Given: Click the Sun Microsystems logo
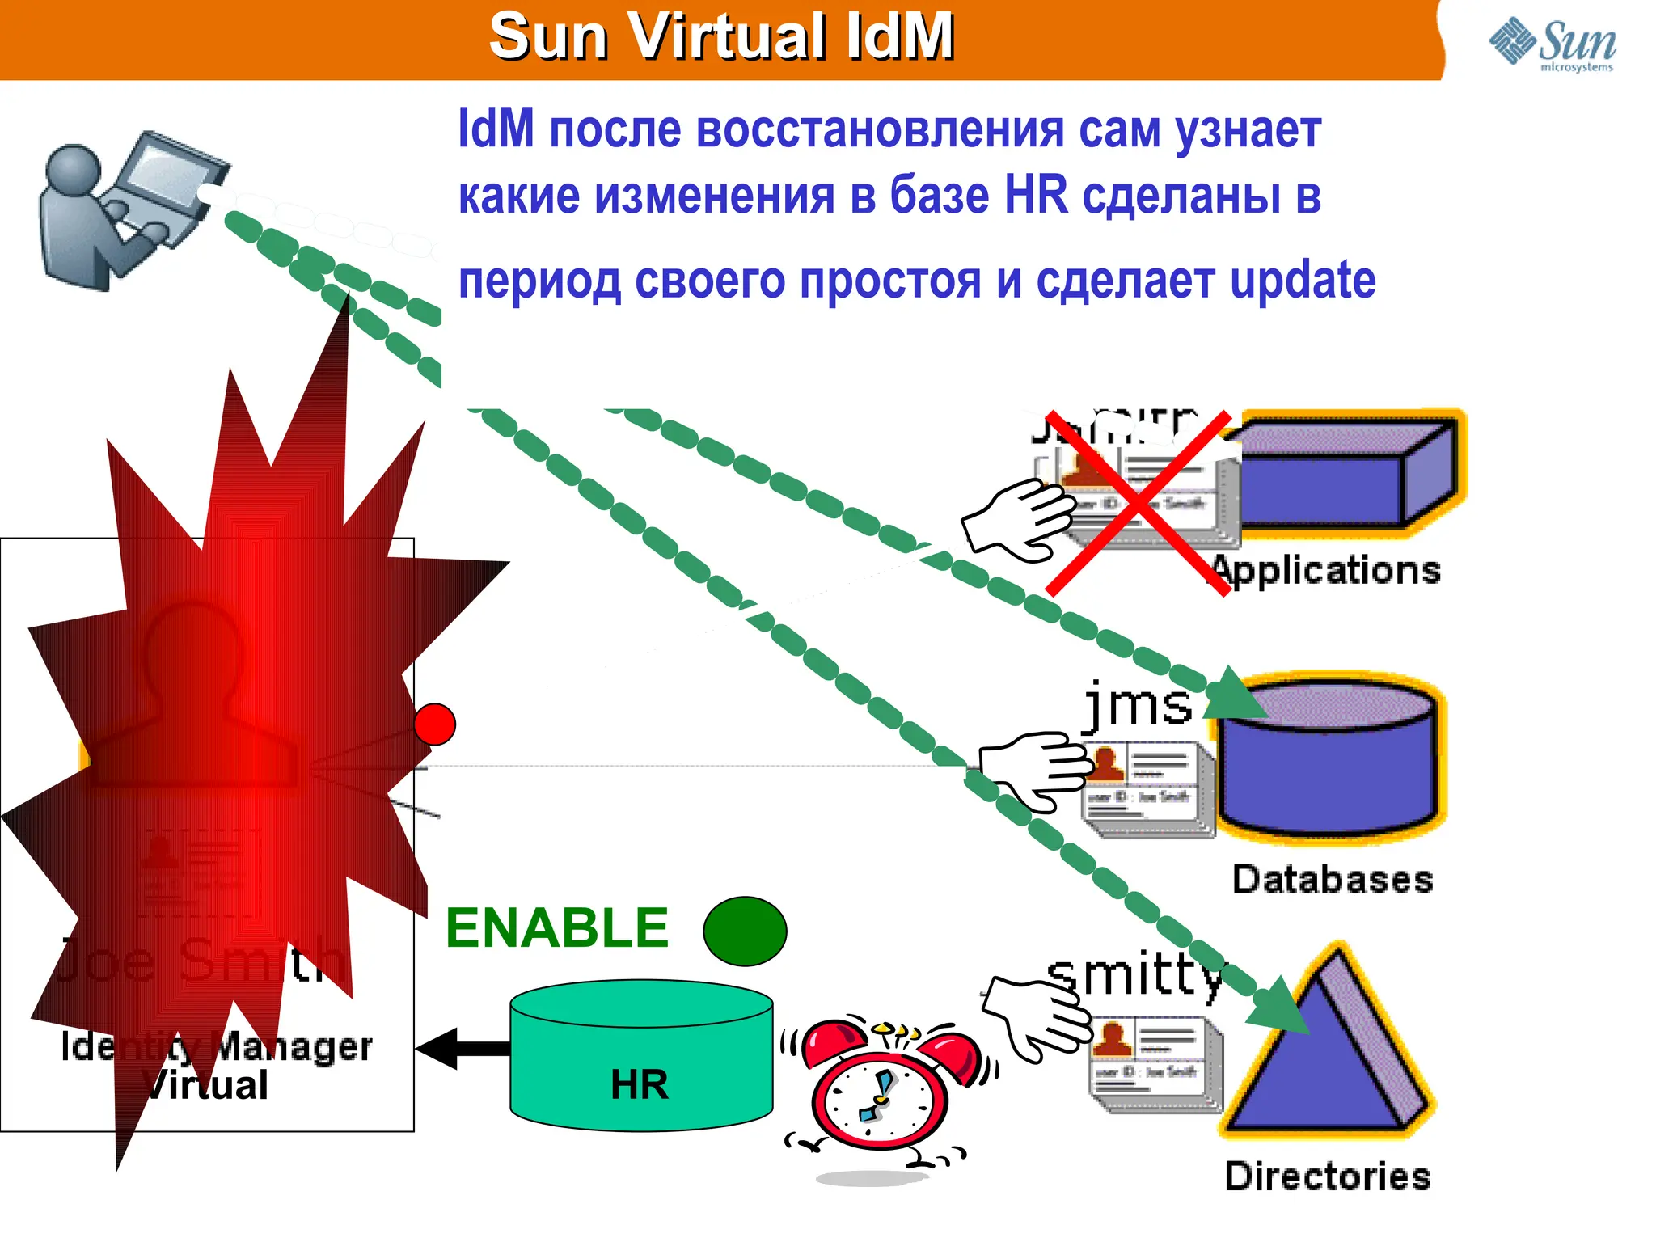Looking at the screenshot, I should pyautogui.click(x=1552, y=44).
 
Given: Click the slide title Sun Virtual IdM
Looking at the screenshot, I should pyautogui.click(x=721, y=37).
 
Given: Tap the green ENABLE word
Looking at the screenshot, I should pyautogui.click(x=557, y=927).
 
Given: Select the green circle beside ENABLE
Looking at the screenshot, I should pyautogui.click(x=745, y=931).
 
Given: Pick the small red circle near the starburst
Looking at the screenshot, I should pyautogui.click(x=435, y=724).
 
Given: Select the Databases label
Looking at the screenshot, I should pyautogui.click(x=1333, y=880).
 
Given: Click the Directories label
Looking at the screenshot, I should pyautogui.click(x=1328, y=1177).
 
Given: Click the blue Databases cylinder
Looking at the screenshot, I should pyautogui.click(x=1330, y=760).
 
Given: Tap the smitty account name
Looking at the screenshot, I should pyautogui.click(x=1135, y=975).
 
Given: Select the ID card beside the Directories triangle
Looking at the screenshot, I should pyautogui.click(x=1155, y=1066).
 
